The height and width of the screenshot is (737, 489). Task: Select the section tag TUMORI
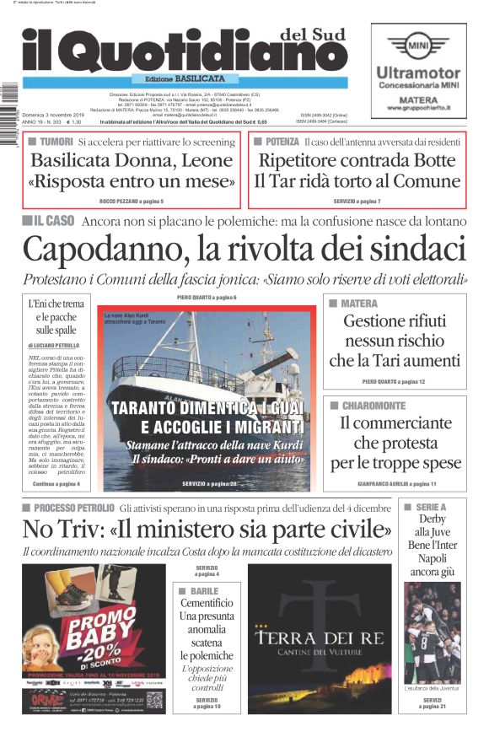tap(56, 142)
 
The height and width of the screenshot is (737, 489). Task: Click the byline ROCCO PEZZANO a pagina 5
tap(131, 202)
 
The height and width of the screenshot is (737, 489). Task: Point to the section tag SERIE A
tap(431, 507)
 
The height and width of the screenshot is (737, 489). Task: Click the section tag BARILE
tap(204, 591)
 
